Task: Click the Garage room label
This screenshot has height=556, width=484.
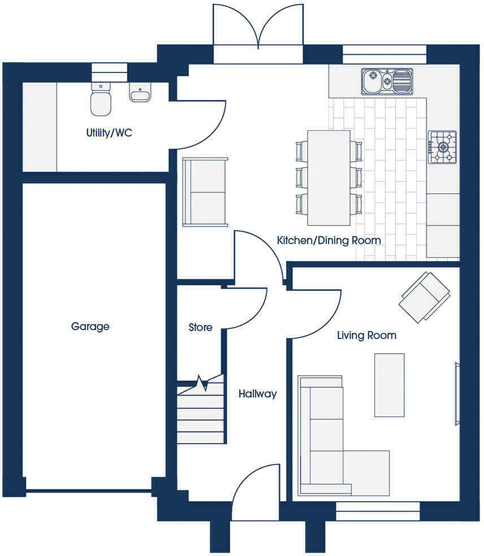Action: pyautogui.click(x=90, y=326)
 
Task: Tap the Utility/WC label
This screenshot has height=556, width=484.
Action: pyautogui.click(x=109, y=134)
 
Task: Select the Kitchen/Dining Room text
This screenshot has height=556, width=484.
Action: pyautogui.click(x=329, y=240)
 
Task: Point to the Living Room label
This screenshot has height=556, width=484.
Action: pyautogui.click(x=366, y=335)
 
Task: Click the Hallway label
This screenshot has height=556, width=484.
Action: pyautogui.click(x=257, y=394)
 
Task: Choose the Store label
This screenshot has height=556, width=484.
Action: pyautogui.click(x=200, y=327)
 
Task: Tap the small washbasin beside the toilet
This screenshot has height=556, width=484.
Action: pyautogui.click(x=139, y=93)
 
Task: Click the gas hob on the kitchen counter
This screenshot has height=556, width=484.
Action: pyautogui.click(x=442, y=147)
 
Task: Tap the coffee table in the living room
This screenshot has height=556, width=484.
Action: pyautogui.click(x=389, y=384)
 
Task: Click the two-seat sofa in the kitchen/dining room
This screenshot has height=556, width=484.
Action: pyautogui.click(x=204, y=192)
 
